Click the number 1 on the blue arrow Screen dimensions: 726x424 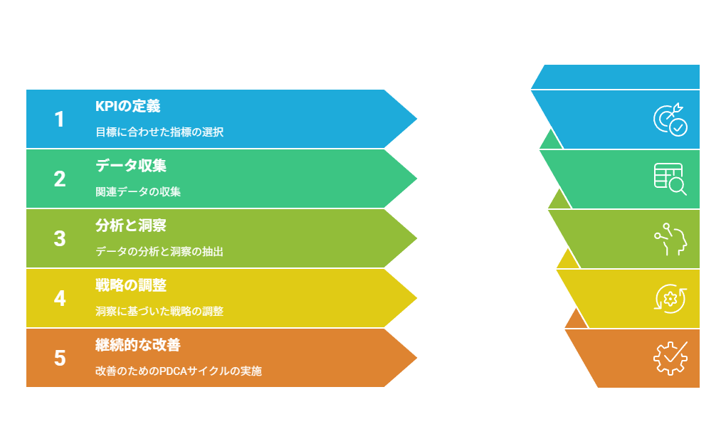pos(59,120)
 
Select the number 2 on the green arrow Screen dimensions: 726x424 pos(60,179)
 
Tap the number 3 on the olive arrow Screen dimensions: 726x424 pos(60,239)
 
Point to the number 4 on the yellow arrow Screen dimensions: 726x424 pos(60,299)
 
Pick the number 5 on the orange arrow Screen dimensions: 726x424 pos(60,359)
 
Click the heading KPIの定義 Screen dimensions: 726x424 pos(128,106)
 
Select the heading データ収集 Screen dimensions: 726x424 pos(131,166)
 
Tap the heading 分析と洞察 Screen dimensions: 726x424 pos(131,226)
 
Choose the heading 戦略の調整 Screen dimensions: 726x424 pos(131,285)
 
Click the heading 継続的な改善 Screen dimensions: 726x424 pos(138,345)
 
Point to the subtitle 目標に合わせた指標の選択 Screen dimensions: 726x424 pos(159,132)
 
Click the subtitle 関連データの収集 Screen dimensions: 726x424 pos(138,191)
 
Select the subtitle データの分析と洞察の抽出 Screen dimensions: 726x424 pos(159,251)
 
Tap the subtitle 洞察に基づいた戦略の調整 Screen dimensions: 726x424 pos(159,311)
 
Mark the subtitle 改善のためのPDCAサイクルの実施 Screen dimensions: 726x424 pos(179,371)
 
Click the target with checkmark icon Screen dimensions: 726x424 pos(670,120)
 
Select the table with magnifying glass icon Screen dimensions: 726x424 pos(670,179)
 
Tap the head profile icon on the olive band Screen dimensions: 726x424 pos(670,239)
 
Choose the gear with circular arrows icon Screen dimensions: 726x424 pos(670,299)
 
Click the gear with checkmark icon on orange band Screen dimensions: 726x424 pos(670,359)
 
